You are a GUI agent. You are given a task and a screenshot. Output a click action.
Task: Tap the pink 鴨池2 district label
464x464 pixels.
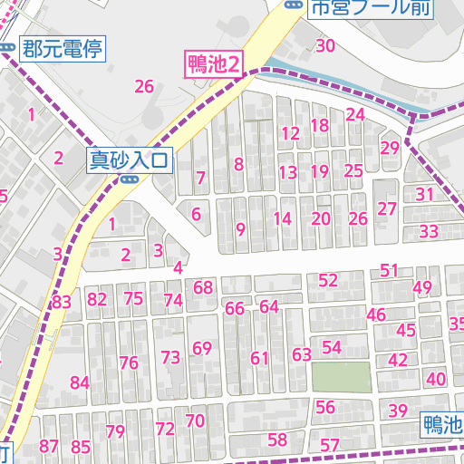tap(215, 63)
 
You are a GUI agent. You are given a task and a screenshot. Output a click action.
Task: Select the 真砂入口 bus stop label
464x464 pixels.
tap(129, 160)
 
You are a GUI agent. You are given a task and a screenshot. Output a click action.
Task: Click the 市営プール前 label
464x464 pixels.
tap(372, 8)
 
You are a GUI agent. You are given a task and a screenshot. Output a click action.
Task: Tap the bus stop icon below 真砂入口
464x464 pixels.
tap(129, 179)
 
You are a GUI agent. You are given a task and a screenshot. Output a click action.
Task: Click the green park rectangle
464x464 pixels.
tap(342, 377)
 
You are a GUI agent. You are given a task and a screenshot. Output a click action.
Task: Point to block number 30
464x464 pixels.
tap(326, 46)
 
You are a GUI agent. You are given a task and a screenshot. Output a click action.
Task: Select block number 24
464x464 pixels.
tap(355, 114)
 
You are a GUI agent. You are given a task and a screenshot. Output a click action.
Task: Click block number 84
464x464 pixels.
tap(80, 382)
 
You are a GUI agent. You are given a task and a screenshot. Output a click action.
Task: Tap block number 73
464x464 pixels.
tap(170, 357)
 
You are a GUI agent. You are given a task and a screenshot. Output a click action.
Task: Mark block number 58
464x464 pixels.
tap(277, 440)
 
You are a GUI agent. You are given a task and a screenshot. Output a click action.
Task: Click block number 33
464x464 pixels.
tap(429, 231)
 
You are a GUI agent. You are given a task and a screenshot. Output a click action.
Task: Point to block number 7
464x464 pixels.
tap(200, 178)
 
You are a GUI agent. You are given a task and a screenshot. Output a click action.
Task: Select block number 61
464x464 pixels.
tap(260, 358)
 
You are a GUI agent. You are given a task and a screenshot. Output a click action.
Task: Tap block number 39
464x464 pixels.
tap(398, 411)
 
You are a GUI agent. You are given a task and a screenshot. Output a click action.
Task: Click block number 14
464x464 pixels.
tap(283, 218)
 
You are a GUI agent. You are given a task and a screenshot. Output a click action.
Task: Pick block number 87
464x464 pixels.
tap(49, 446)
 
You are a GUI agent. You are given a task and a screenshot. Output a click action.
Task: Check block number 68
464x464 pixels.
tap(203, 288)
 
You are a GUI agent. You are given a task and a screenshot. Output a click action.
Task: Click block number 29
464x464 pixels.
tap(391, 149)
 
